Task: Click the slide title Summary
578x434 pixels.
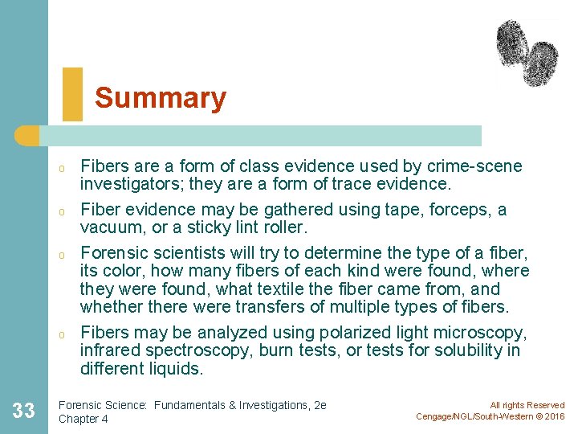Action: [x=161, y=98]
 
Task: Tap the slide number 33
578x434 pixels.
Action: [x=24, y=411]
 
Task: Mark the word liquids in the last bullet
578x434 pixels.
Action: [x=179, y=369]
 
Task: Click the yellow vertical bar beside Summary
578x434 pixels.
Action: [x=71, y=94]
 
